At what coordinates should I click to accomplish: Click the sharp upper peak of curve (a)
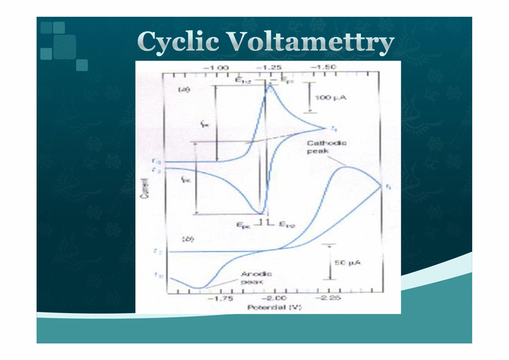(271, 85)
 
